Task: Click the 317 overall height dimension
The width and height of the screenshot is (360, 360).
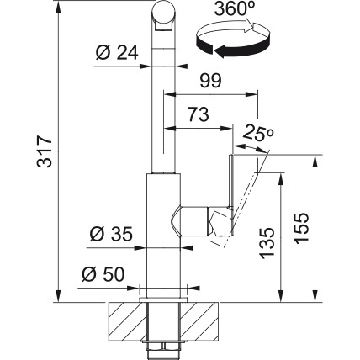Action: (x=45, y=151)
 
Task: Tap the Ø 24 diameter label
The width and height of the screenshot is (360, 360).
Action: (x=117, y=53)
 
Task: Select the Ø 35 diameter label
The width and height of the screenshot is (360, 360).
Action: (x=111, y=235)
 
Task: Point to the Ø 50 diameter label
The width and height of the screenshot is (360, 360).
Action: (x=103, y=274)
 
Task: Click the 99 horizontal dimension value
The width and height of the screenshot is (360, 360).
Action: (x=210, y=81)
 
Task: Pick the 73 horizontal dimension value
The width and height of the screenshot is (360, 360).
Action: (x=199, y=114)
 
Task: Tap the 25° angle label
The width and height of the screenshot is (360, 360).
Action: (x=258, y=134)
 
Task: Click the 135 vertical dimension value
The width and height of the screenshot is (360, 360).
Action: (x=267, y=243)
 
